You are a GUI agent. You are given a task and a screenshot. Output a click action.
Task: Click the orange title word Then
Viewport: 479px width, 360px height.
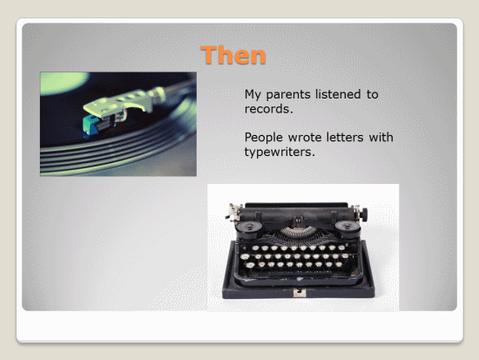click(x=233, y=55)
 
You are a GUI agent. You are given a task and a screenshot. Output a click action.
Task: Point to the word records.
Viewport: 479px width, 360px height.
click(x=268, y=109)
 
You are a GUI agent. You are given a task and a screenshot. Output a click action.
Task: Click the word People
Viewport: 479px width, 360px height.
click(x=264, y=138)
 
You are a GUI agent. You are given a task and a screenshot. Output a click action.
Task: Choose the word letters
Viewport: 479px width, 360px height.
click(x=345, y=138)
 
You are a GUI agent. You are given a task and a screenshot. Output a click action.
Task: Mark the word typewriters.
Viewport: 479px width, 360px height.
click(x=280, y=153)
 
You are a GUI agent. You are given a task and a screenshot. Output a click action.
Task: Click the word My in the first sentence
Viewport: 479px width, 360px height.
click(x=253, y=95)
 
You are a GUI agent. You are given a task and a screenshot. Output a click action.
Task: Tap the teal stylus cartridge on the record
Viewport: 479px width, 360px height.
click(x=91, y=126)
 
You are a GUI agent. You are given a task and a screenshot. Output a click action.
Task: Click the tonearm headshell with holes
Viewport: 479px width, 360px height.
click(x=119, y=103)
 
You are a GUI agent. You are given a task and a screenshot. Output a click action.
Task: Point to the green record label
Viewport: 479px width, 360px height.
click(x=62, y=82)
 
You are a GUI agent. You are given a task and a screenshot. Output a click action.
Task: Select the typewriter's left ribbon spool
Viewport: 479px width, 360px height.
click(x=250, y=227)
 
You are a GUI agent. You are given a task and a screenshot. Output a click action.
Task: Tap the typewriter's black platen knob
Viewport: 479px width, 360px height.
click(x=363, y=214)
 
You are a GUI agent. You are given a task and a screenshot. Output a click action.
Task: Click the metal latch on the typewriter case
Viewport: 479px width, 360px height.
click(x=300, y=293)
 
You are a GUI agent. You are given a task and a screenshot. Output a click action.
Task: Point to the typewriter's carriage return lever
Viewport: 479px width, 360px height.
click(x=233, y=211)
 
